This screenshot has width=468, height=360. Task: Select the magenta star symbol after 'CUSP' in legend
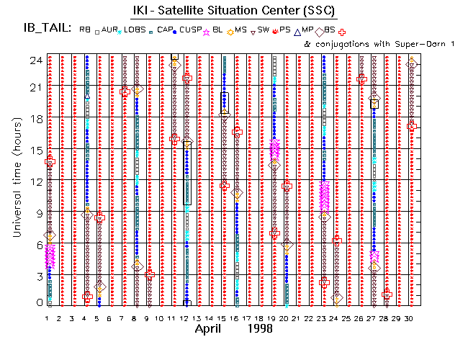[207, 31]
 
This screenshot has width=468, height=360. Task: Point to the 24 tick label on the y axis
[35, 60]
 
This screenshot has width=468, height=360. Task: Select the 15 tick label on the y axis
[35, 149]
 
